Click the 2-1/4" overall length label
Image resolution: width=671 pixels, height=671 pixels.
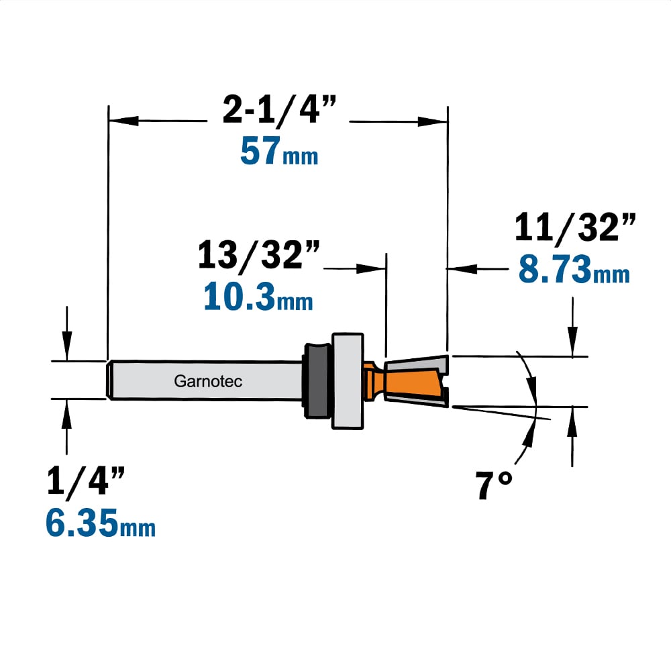[x=279, y=111]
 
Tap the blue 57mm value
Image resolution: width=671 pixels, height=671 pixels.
[x=279, y=150]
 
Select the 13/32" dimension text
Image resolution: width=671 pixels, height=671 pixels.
[x=258, y=256]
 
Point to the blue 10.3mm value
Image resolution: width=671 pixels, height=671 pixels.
[x=258, y=296]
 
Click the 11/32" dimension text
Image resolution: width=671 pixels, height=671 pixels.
[x=575, y=227]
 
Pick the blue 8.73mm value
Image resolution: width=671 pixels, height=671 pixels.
[x=574, y=269]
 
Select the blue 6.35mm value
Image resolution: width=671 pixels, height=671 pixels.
[x=101, y=523]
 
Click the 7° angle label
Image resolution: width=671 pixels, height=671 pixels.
[x=494, y=484]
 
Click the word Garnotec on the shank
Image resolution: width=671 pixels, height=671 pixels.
[x=208, y=381]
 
